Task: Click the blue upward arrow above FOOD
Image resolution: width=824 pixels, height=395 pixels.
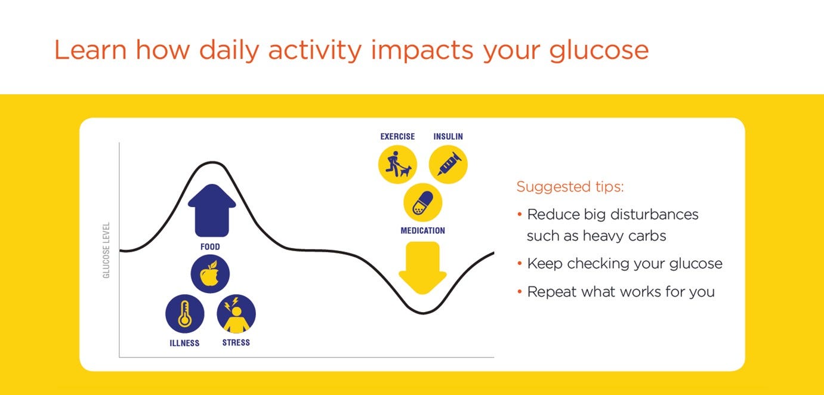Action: (x=212, y=211)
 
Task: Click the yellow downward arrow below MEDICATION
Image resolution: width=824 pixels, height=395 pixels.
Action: (x=422, y=268)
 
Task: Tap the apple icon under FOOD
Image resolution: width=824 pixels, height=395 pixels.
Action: (x=210, y=274)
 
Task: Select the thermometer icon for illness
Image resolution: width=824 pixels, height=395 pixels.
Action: (x=184, y=314)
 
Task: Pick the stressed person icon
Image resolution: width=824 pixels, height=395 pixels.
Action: (x=236, y=314)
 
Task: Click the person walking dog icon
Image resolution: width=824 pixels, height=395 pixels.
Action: (x=397, y=165)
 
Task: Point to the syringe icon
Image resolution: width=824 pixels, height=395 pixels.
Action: (x=448, y=165)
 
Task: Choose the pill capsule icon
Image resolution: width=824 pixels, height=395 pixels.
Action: (x=422, y=203)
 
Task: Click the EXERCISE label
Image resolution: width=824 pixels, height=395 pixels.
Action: (x=397, y=137)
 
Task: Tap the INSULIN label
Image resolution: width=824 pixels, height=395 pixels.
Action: (x=448, y=137)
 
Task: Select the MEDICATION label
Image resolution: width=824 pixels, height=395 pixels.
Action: (x=422, y=230)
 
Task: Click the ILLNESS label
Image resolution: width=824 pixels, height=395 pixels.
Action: (x=184, y=343)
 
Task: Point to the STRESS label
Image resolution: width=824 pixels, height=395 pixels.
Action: (x=236, y=342)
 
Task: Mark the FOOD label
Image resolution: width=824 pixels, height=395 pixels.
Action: (x=210, y=247)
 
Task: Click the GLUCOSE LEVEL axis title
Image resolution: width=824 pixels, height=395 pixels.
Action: (x=106, y=250)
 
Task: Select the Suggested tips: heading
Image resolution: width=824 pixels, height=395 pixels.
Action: (x=570, y=187)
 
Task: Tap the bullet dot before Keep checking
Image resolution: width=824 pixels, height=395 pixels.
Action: (x=520, y=263)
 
